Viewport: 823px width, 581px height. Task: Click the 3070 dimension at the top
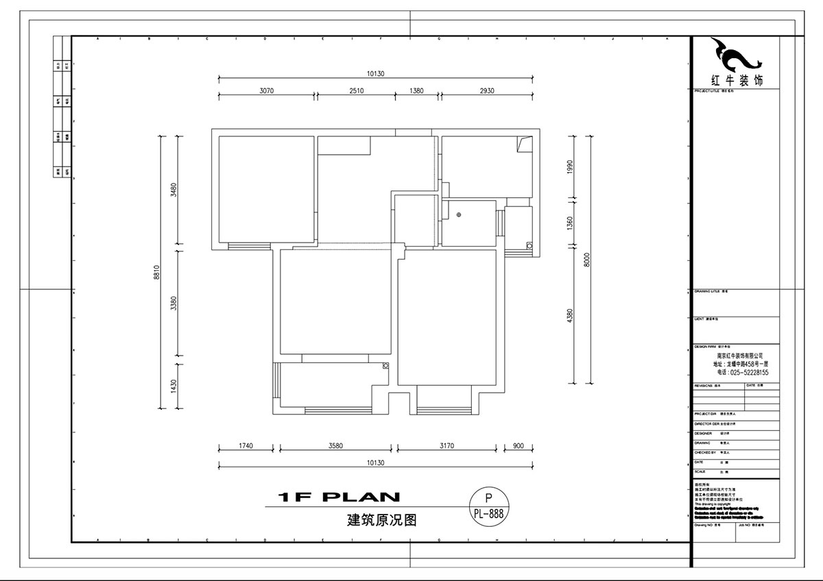(265, 90)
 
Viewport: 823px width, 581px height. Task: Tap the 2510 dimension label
(355, 90)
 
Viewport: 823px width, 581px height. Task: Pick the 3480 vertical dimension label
(174, 190)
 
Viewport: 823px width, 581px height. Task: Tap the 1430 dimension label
(174, 386)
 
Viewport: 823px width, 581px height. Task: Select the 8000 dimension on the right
(587, 260)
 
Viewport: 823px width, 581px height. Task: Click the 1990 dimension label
(569, 167)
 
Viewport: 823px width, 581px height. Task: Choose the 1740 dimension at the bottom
(246, 446)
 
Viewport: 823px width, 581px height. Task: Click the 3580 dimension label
(335, 446)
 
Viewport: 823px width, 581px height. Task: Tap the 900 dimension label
(518, 446)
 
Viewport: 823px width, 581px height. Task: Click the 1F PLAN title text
(339, 497)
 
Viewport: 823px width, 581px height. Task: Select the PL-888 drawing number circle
(488, 506)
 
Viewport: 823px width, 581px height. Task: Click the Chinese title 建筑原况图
(382, 520)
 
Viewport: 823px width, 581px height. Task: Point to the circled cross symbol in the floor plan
(459, 215)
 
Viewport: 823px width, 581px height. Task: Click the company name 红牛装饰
(738, 81)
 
